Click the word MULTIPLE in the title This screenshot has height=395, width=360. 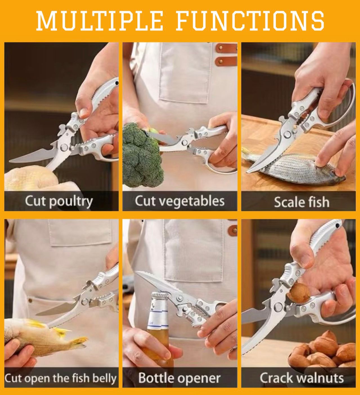point(100,21)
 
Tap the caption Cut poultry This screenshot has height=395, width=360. point(59,201)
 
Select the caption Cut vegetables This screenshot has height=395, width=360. point(180,201)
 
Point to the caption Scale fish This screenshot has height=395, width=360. point(301,202)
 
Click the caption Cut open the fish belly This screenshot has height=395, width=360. point(61,378)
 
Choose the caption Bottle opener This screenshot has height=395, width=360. point(179,378)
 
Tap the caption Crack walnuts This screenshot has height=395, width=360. point(301,378)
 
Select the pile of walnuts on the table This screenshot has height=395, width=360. point(324,352)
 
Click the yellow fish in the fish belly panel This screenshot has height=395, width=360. point(42,338)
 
